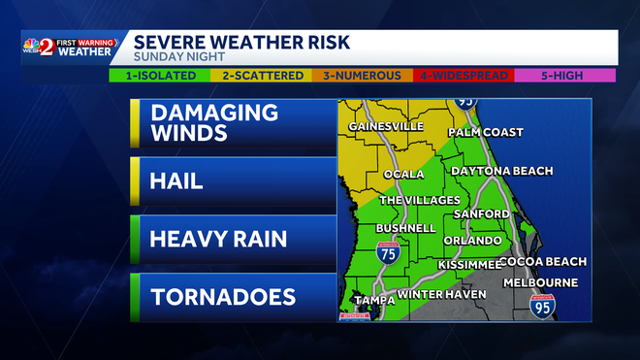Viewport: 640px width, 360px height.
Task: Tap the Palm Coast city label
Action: pyautogui.click(x=485, y=133)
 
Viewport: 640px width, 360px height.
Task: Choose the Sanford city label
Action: pyautogui.click(x=482, y=213)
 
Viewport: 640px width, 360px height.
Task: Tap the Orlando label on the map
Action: pyautogui.click(x=472, y=240)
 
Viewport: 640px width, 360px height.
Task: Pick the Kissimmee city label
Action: pyautogui.click(x=468, y=264)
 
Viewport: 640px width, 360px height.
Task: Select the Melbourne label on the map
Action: pyautogui.click(x=540, y=283)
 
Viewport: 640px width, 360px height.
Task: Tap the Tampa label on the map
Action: pyautogui.click(x=372, y=301)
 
